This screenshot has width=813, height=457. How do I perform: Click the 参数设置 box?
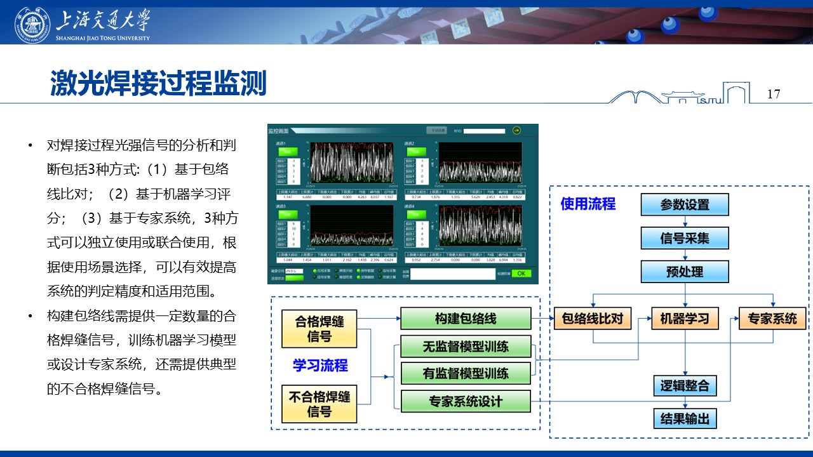[685, 204]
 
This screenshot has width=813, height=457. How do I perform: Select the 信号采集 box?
[685, 238]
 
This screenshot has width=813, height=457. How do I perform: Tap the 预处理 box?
[685, 272]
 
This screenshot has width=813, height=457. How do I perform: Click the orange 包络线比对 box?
[593, 318]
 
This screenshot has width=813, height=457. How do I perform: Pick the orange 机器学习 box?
[685, 318]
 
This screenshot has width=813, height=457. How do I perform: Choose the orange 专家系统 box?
[772, 318]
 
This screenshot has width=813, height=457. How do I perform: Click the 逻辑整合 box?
[685, 385]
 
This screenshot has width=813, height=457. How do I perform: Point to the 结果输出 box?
[685, 419]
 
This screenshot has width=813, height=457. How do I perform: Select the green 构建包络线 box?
[466, 319]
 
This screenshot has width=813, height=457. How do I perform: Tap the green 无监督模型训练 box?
[466, 347]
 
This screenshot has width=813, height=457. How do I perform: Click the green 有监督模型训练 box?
[466, 373]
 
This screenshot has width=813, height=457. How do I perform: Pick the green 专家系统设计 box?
[466, 401]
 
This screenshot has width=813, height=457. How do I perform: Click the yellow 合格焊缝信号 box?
[319, 328]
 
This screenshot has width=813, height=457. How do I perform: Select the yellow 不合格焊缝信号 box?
[319, 404]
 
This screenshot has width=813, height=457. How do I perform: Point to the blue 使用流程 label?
[588, 204]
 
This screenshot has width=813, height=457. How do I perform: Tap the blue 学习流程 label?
[320, 366]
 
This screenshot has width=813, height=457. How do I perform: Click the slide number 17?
[773, 94]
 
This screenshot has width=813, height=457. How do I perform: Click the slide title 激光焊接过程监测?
[158, 84]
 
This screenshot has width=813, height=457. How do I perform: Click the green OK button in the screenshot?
[521, 274]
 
